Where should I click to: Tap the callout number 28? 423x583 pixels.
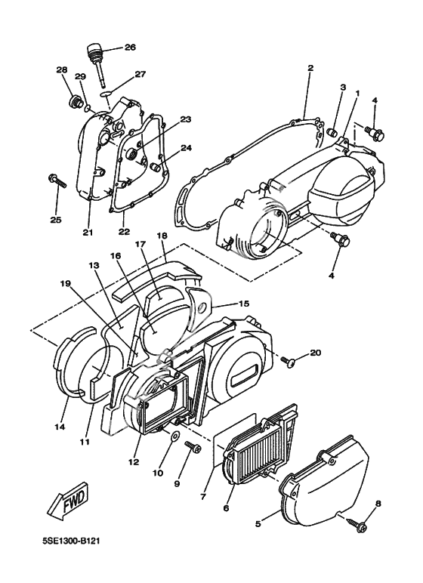(x=62, y=69)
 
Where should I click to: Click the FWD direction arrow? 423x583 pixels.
(x=68, y=500)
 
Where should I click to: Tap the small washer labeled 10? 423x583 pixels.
(x=174, y=436)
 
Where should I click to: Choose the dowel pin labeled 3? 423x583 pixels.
(x=332, y=132)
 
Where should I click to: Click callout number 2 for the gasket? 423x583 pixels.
(x=310, y=68)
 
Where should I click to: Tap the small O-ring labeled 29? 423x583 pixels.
(x=88, y=108)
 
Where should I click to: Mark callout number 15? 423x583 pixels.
(x=244, y=304)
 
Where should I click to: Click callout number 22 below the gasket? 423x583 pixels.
(x=125, y=231)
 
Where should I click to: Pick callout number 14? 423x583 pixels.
(x=60, y=427)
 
